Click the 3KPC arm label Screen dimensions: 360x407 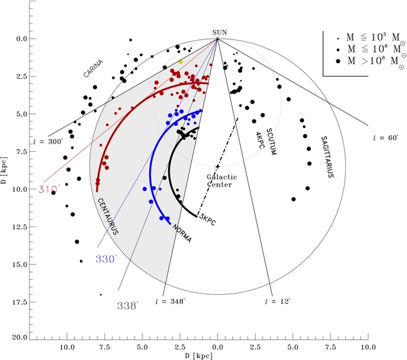tap(206, 218)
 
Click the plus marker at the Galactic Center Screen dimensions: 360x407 tap(218, 166)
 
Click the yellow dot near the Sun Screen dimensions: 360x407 tap(180, 62)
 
